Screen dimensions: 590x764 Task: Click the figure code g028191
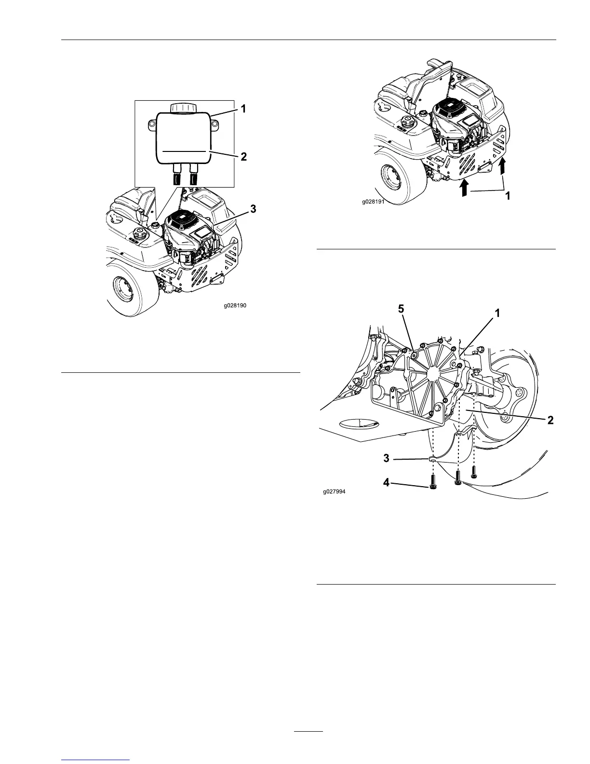pos(374,203)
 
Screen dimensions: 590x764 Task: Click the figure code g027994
pos(335,492)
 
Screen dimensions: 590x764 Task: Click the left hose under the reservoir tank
pos(177,175)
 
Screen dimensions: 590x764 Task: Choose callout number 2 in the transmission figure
pos(550,420)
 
